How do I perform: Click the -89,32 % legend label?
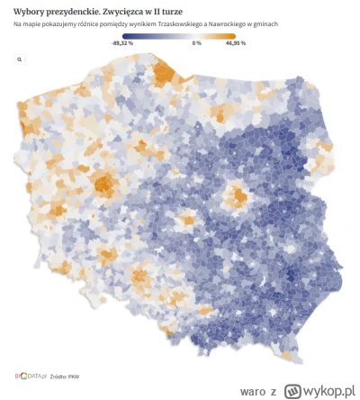(122, 42)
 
